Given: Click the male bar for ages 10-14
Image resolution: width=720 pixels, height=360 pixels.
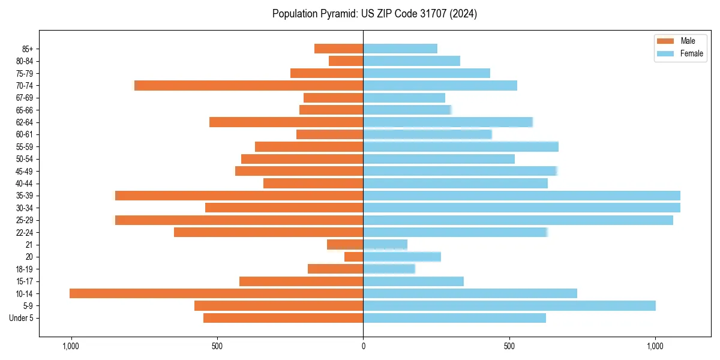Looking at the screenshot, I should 216,293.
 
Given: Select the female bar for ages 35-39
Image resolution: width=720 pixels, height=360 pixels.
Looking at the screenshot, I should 521,196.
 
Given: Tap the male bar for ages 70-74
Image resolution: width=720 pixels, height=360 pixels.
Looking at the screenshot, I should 249,86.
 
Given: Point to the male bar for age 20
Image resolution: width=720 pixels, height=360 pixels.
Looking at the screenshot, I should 354,257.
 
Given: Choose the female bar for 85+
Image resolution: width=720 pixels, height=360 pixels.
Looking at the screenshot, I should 400,49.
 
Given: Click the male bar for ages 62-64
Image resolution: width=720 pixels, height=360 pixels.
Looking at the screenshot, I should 286,122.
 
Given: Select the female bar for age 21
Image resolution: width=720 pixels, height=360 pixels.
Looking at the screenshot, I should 385,245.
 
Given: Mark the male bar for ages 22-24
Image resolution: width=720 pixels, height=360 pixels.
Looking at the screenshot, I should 269,232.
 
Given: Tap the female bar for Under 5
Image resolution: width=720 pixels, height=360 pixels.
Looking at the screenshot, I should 454,318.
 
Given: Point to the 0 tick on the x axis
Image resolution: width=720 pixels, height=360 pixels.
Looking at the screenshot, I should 363,346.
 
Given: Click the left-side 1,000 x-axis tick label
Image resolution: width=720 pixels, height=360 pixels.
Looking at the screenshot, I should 71,346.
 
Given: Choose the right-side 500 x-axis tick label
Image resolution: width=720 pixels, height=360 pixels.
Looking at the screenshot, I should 509,346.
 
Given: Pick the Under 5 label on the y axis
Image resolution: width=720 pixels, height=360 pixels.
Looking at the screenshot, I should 22,318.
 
